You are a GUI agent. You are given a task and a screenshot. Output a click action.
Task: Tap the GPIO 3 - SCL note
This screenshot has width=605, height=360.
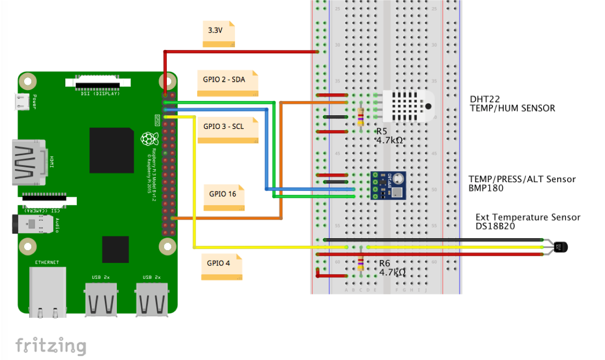tap(228, 130)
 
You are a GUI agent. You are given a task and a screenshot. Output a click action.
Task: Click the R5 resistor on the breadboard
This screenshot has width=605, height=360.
tap(360, 116)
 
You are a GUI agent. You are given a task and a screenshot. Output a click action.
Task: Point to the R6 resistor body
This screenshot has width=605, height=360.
tap(360, 263)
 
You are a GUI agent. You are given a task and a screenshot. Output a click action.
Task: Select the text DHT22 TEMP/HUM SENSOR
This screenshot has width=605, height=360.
tap(512, 104)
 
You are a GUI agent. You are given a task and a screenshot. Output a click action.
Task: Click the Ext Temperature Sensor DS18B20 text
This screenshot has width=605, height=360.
tap(527, 221)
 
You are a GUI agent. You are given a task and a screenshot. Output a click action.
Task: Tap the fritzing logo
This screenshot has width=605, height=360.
tap(51, 346)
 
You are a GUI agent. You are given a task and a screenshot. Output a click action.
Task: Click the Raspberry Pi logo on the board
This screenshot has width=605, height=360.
tap(147, 139)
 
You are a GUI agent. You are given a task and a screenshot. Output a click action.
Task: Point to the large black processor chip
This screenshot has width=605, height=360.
tap(111, 150)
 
